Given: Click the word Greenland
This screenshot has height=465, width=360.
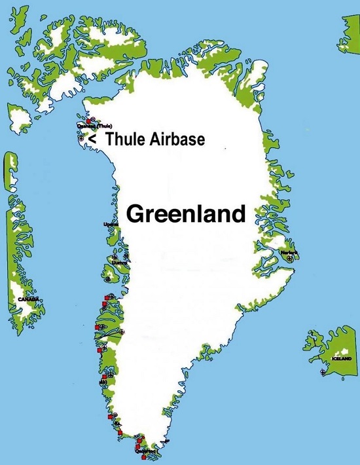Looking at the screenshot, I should pos(185,214).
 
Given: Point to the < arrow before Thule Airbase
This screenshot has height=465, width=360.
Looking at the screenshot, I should pos(92,139).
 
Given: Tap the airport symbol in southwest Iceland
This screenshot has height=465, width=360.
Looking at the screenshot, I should pos(323,372).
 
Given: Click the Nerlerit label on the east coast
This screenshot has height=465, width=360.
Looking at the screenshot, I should pos(289,252).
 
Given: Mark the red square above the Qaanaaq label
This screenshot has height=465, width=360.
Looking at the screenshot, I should pos(88,121).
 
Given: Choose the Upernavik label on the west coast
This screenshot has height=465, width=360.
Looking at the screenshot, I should pos(111,225).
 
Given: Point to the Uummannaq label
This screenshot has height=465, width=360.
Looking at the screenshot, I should pos(119,263).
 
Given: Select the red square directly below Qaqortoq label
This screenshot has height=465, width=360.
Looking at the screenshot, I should pos(143,456).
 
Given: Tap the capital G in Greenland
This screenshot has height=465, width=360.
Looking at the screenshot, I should pos(135,214).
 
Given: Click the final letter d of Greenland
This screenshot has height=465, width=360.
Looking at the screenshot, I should pos(238,214).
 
